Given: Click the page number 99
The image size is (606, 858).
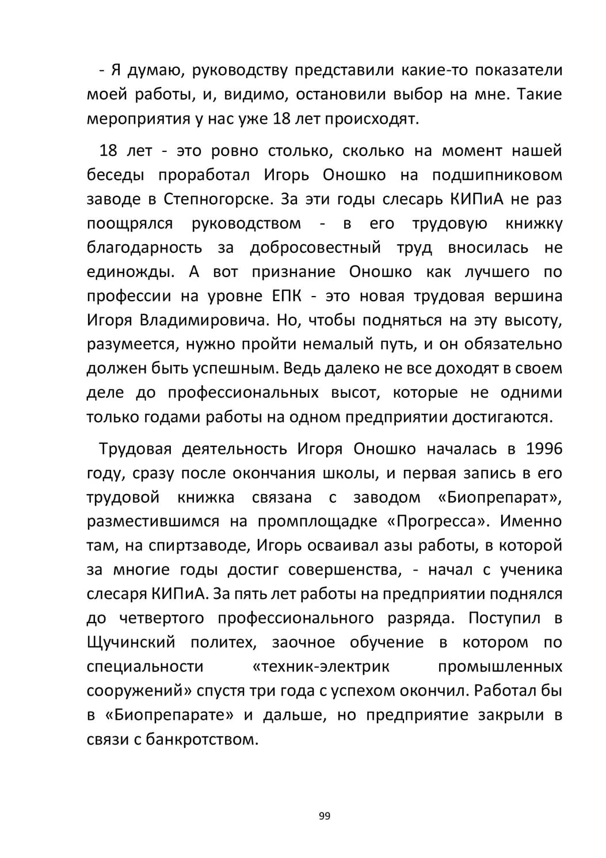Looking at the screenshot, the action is point(324,815).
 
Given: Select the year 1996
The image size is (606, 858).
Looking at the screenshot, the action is point(544,449).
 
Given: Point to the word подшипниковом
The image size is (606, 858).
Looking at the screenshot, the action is point(497,175).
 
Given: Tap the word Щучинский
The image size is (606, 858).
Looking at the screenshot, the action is point(131,642).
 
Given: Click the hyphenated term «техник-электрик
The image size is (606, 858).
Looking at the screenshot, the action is point(321,666).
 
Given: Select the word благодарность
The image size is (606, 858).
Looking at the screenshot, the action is point(144,248).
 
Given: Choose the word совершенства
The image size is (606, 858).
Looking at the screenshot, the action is point(344,570).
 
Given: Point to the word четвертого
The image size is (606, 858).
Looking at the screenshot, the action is point(162,618).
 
